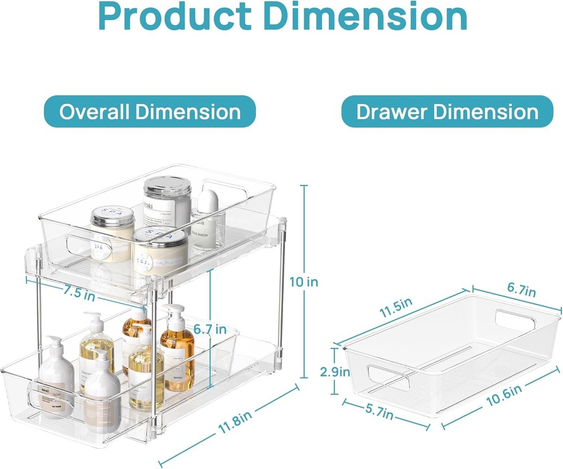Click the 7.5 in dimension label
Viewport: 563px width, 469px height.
79,293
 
